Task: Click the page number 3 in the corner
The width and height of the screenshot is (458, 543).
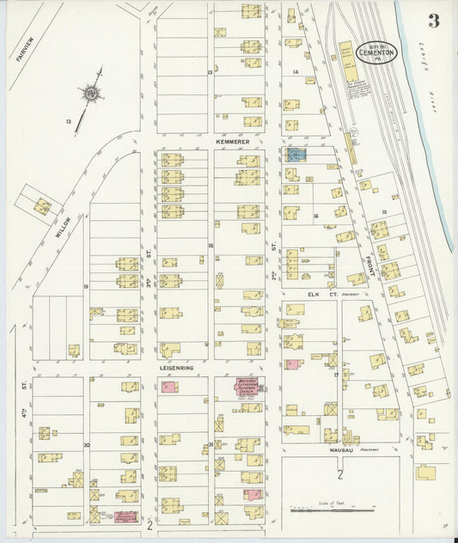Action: pyautogui.click(x=434, y=21)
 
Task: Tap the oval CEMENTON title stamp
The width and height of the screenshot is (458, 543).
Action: pyautogui.click(x=376, y=51)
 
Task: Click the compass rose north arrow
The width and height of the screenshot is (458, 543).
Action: pyautogui.click(x=90, y=94)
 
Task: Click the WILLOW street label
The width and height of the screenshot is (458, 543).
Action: pyautogui.click(x=62, y=226)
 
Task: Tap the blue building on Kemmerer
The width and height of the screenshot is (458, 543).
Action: pyautogui.click(x=296, y=155)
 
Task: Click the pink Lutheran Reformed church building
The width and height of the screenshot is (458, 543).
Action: pyautogui.click(x=249, y=387)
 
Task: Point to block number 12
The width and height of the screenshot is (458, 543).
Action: pyautogui.click(x=68, y=122)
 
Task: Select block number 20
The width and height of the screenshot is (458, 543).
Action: pyautogui.click(x=87, y=444)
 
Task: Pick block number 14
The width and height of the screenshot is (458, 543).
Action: pyautogui.click(x=295, y=72)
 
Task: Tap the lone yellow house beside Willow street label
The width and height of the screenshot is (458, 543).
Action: pyautogui.click(x=41, y=206)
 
